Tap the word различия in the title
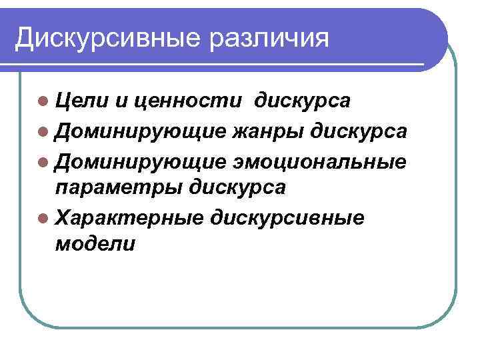click(269, 38)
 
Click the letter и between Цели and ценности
click(121, 101)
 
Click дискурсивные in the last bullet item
click(287, 217)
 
